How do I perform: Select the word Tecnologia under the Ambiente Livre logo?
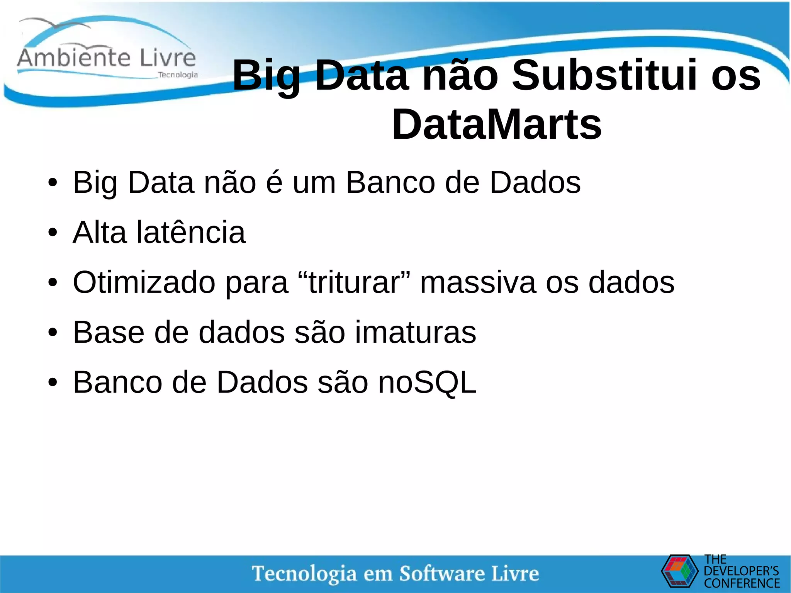[x=178, y=75]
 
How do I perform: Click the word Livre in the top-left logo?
[x=168, y=58]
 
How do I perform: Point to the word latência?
[x=191, y=233]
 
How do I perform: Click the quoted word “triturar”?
[x=355, y=282]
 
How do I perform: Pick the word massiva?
[x=478, y=282]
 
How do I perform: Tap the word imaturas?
[x=416, y=332]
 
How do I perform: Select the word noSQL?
[x=427, y=382]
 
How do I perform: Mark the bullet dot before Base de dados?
[x=53, y=333]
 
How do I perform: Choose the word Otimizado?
[x=144, y=282]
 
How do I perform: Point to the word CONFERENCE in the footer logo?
[x=742, y=583]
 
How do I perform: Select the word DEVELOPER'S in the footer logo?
[x=741, y=571]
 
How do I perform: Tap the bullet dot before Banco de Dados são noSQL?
[x=53, y=382]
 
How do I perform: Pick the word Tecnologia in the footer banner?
[x=304, y=573]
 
